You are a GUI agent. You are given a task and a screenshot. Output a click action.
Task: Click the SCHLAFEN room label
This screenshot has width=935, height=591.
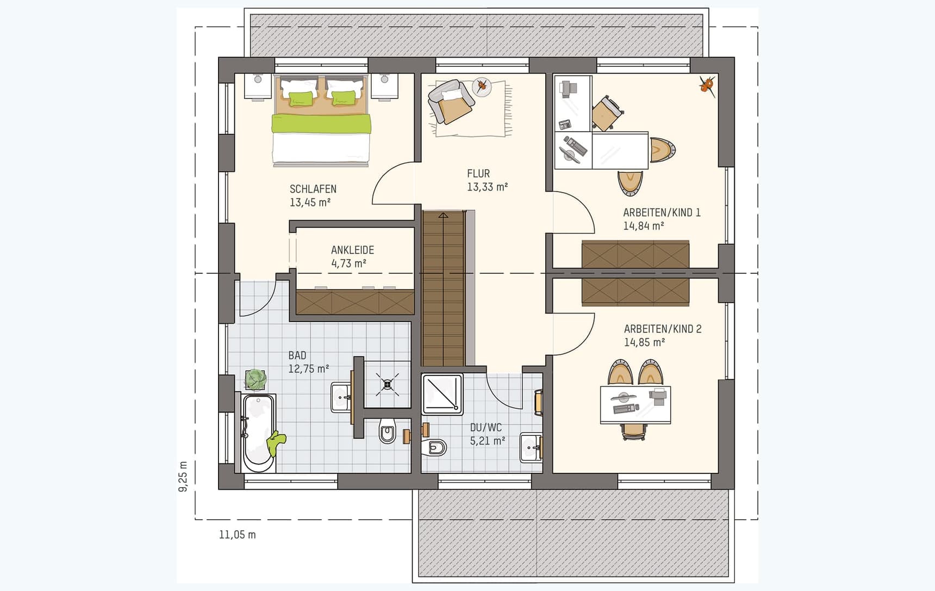[313, 189]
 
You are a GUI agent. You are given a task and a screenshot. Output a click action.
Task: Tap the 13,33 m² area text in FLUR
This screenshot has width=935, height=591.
[487, 187]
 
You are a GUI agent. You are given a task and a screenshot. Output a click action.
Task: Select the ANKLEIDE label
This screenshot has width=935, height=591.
[352, 250]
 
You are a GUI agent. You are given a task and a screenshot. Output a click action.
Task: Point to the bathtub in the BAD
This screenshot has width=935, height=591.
[258, 433]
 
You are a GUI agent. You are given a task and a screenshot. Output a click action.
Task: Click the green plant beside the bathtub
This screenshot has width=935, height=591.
[255, 379]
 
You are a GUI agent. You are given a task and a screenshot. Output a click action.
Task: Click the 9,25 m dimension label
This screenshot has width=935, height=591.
[183, 476]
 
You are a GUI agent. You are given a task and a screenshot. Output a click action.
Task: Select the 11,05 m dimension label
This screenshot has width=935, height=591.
[237, 535]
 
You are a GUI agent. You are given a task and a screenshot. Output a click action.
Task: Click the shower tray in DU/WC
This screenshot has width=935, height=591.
[442, 393]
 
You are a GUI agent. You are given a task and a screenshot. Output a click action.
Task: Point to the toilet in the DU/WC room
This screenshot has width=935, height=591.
[436, 447]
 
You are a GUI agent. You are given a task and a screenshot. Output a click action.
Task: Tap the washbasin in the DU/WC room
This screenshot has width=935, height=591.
[531, 447]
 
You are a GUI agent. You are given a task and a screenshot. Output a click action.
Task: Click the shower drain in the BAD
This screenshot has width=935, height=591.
[388, 385]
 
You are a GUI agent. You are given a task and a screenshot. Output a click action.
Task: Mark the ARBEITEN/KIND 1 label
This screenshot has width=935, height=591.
[662, 213]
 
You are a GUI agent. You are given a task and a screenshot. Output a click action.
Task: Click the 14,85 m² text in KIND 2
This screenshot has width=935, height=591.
[644, 343]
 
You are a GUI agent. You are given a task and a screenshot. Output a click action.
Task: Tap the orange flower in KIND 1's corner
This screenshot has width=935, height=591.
[707, 85]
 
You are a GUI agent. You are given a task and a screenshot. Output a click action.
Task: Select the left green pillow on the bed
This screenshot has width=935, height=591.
[301, 98]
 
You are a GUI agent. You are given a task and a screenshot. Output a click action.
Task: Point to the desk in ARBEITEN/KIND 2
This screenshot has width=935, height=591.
[635, 404]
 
